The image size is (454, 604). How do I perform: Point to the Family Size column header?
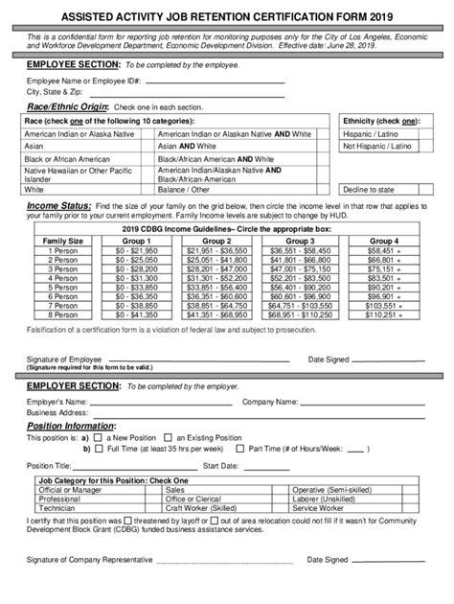[x=62, y=240]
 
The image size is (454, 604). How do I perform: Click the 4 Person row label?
[x=62, y=277]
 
